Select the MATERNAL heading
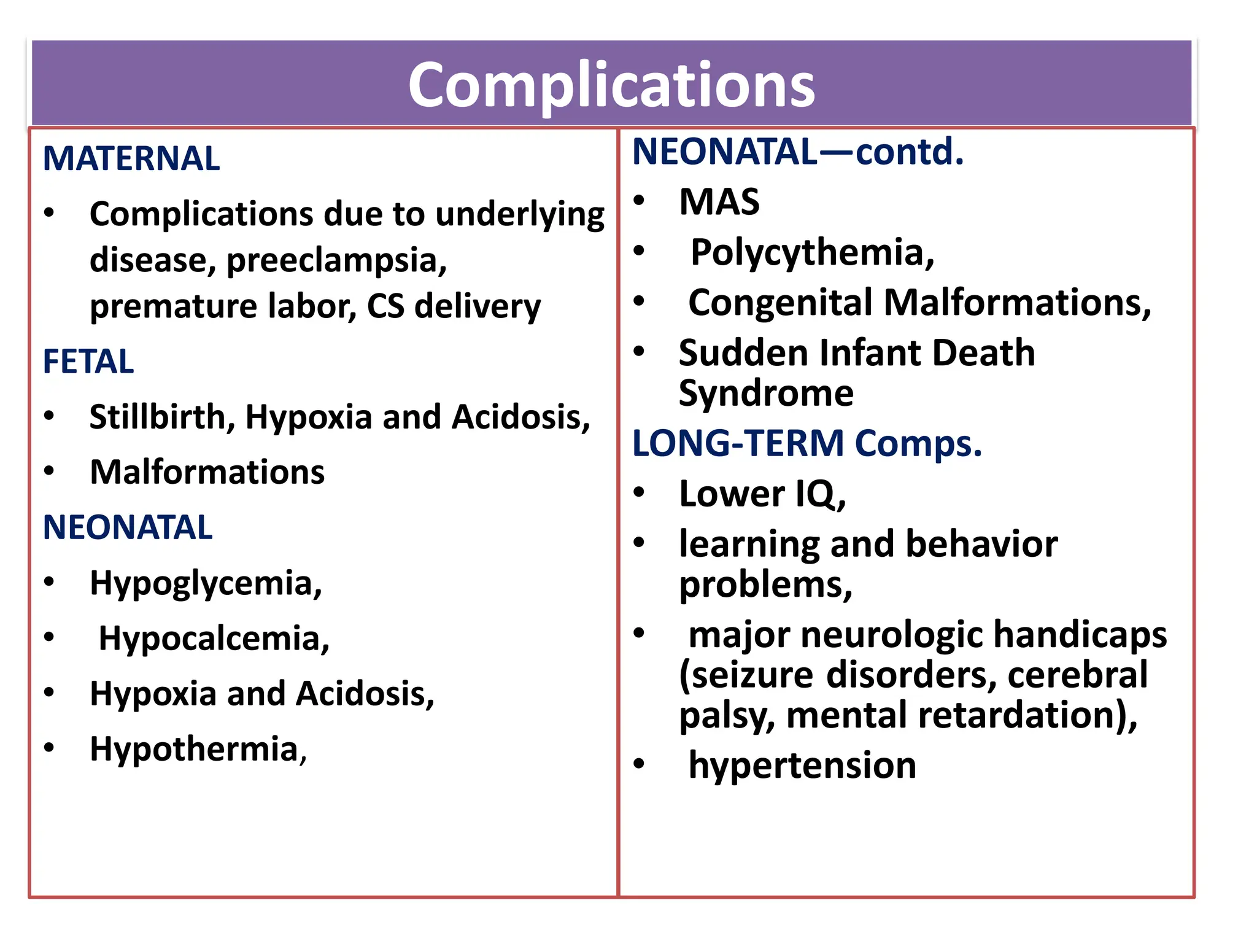(x=131, y=158)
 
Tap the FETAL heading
(x=88, y=361)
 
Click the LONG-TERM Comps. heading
(x=807, y=443)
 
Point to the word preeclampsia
(x=336, y=260)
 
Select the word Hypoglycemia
(x=205, y=583)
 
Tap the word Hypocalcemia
(x=213, y=638)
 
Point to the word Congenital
(x=781, y=303)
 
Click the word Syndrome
(x=766, y=393)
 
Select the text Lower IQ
(x=761, y=494)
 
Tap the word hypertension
(x=802, y=766)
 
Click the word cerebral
(x=1078, y=675)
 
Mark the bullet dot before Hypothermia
(x=49, y=748)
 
